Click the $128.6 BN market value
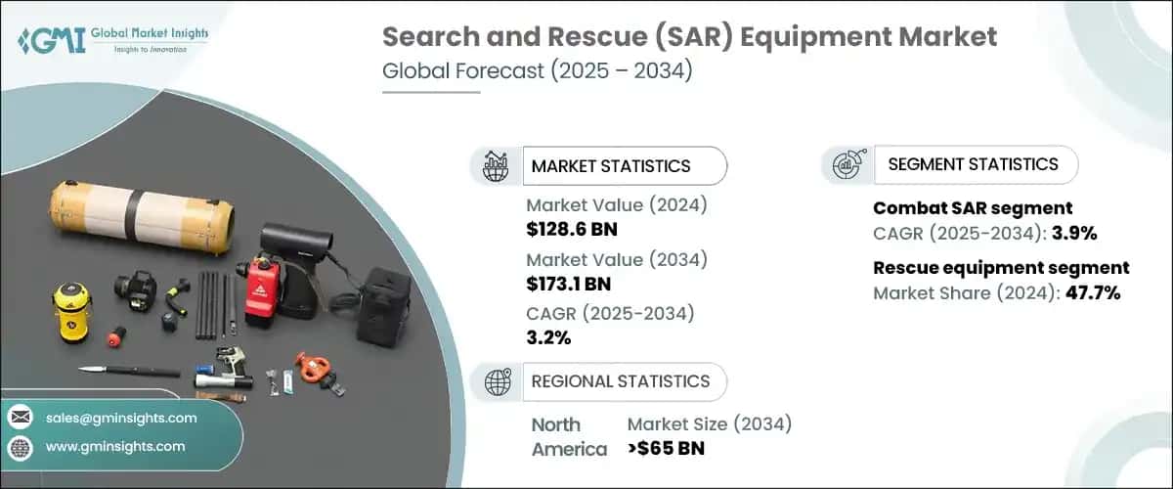[571, 230]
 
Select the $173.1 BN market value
[570, 285]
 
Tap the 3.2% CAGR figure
[548, 338]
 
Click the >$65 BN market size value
[666, 449]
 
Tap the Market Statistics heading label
[610, 166]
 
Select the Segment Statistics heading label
[973, 164]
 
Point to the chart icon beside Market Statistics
[496, 165]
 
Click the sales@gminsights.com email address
[121, 418]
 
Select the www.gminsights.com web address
[114, 446]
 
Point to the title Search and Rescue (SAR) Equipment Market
[689, 37]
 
